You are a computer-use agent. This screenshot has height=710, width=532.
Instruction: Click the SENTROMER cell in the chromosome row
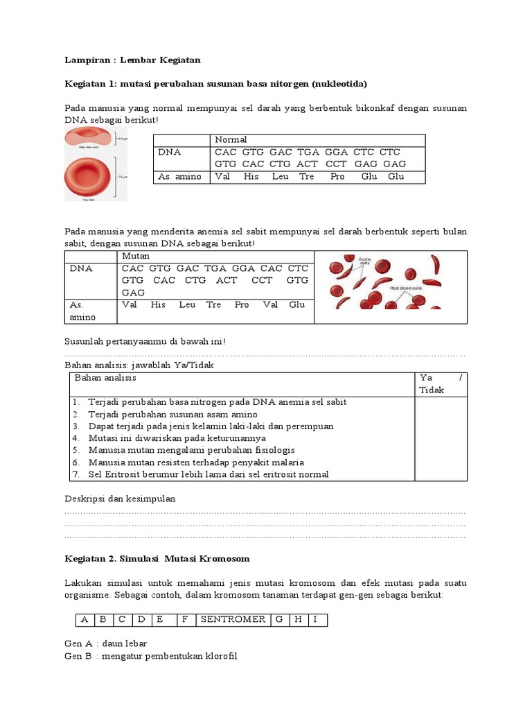[x=233, y=619]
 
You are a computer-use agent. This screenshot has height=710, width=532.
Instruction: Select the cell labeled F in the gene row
[x=185, y=619]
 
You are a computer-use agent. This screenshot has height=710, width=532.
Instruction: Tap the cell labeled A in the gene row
[x=85, y=619]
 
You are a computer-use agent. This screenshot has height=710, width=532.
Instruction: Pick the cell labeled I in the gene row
[x=314, y=619]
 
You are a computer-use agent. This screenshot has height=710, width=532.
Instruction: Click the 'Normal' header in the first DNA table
[x=231, y=140]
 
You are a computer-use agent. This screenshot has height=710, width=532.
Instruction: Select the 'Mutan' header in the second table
[x=136, y=257]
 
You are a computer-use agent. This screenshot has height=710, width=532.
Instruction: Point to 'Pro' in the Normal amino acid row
[x=337, y=177]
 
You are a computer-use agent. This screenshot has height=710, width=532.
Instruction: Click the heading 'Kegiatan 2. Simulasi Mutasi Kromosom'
[x=157, y=558]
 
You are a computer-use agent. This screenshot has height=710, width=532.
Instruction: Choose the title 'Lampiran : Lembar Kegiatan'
[x=132, y=60]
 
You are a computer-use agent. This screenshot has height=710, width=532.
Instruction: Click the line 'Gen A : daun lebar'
[x=105, y=644]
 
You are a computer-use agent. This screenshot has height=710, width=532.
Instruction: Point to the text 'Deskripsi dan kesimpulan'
[x=120, y=499]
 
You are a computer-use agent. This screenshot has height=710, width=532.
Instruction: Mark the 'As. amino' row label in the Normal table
[x=179, y=177]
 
